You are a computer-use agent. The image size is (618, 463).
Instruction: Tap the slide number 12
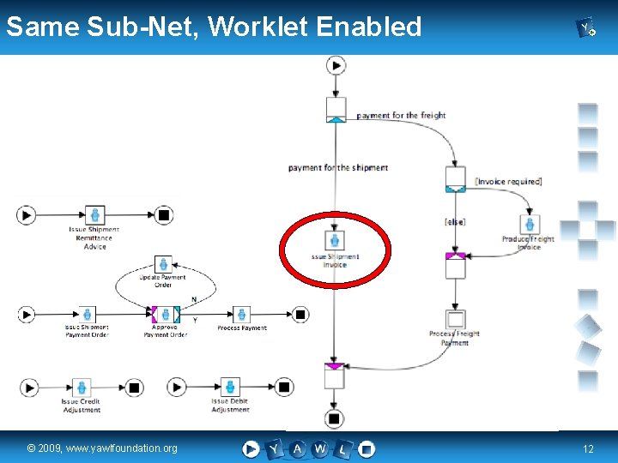point(588,448)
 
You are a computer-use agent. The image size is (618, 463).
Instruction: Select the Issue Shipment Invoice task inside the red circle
point(335,241)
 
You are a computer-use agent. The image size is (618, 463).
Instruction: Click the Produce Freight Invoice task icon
point(530,225)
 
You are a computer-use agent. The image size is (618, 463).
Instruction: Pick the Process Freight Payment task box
point(456,320)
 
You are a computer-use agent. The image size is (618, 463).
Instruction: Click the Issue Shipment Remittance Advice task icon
point(95,215)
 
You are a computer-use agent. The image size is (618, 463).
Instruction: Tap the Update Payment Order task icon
point(162,264)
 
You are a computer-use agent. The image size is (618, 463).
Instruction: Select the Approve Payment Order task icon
point(165,315)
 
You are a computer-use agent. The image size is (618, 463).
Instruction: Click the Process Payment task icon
point(242,315)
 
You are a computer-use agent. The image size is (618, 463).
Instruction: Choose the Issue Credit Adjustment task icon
point(81,388)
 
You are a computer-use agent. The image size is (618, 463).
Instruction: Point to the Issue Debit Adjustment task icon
point(230,388)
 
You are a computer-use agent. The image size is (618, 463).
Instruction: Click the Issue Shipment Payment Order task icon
point(87,315)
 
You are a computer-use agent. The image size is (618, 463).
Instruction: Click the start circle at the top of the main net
point(336,65)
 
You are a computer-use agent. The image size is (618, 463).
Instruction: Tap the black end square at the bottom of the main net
point(335,418)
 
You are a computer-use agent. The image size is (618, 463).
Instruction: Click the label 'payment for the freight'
point(401,116)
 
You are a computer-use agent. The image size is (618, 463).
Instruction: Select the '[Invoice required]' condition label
point(508,182)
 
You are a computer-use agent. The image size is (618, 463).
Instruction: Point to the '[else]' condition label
point(455,221)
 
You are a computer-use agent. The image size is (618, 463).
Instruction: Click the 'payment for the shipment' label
point(338,168)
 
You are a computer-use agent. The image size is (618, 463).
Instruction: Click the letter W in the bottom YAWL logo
point(319,448)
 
